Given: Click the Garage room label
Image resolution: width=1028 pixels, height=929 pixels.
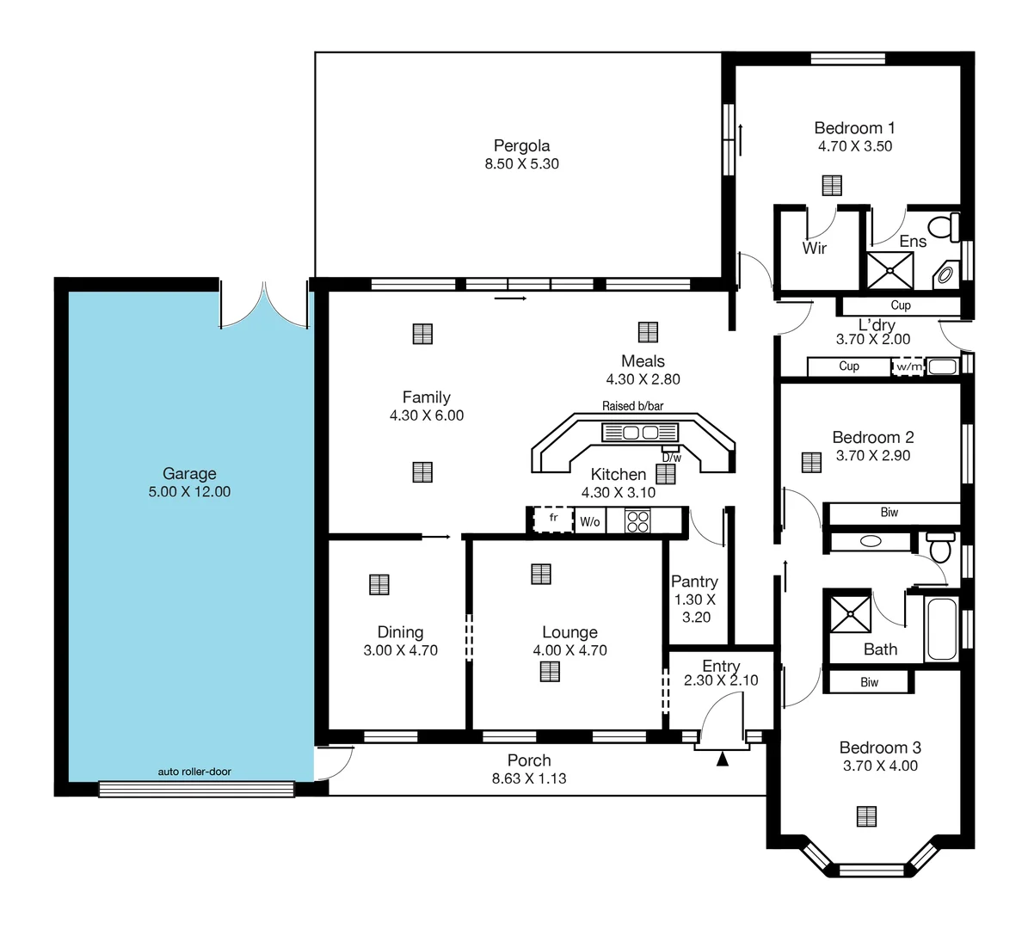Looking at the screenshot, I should point(189,473).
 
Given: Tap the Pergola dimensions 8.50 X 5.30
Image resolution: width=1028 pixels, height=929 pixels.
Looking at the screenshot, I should point(521,164).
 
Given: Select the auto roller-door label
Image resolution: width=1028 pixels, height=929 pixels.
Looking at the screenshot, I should point(194,772).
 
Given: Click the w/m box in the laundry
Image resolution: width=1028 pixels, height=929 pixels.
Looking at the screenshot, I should point(908,367).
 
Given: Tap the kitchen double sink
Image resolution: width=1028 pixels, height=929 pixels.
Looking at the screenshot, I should point(641,432).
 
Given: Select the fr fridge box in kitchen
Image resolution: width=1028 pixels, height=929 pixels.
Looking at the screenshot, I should point(553,520).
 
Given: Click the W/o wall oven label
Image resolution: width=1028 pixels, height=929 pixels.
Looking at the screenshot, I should point(589,521).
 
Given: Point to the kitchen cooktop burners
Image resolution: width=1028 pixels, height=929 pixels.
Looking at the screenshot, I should point(637,521).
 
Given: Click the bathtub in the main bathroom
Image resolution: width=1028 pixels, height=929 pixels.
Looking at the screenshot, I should point(941,628).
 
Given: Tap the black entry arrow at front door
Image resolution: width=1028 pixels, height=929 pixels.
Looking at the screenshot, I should point(723,759).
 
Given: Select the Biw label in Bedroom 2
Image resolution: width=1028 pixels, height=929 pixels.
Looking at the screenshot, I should point(889,513).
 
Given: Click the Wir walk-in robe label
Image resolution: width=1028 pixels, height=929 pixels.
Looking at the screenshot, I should point(814,249).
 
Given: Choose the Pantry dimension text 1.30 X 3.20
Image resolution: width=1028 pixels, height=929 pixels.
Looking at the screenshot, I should point(695,608).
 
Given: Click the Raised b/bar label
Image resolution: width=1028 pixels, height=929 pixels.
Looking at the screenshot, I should point(632,406).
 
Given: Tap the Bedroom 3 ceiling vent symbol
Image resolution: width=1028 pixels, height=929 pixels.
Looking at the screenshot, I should point(867,816).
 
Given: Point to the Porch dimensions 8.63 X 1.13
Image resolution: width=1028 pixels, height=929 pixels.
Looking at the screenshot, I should point(529,778).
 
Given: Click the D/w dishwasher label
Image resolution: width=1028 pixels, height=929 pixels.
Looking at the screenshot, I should point(671,458).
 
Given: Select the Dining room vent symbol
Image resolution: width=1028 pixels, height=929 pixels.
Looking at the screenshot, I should point(379,584).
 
